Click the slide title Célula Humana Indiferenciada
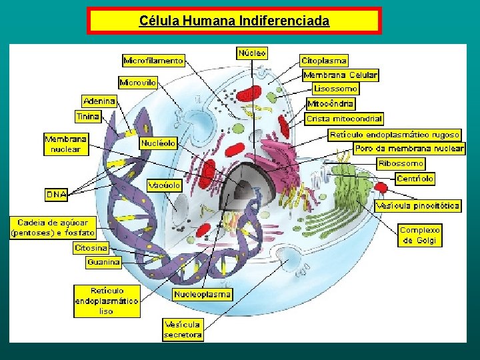[234, 21]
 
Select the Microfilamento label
[153, 61]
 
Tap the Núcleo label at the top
[252, 52]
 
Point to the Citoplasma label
[323, 61]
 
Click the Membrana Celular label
[340, 75]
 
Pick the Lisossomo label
[336, 89]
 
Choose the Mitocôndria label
[331, 104]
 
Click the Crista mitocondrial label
[344, 119]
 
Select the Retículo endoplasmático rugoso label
[395, 135]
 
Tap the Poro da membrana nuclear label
[409, 149]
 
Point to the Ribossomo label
[401, 164]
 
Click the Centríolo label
[415, 179]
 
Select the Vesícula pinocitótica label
[417, 206]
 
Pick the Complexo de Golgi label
[420, 235]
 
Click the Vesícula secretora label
[183, 330]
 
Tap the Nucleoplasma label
[202, 294]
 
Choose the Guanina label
[103, 262]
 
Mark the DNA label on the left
[56, 195]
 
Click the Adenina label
[99, 101]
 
